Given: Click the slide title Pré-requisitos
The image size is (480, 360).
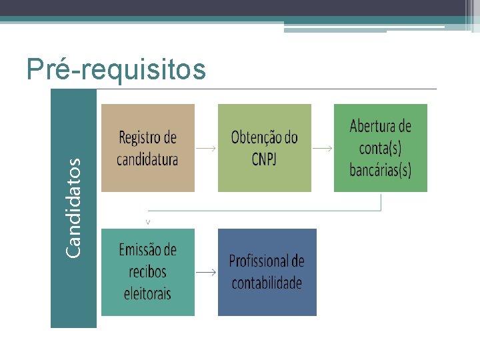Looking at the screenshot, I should click(116, 69).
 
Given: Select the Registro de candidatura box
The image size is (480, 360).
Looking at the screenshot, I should click(147, 147).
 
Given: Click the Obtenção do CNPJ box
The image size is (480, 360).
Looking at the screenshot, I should click(264, 147).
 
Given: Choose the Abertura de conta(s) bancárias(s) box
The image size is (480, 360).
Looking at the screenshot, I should click(380, 147).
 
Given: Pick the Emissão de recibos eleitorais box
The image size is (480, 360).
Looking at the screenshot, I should click(147, 271).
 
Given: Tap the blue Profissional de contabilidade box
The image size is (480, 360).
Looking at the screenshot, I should click(267, 271).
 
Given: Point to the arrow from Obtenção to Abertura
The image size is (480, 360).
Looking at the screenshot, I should click(323, 149).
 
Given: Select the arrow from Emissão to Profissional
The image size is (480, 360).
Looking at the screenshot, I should click(206, 272).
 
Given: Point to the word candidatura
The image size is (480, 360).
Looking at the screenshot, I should click(147, 159).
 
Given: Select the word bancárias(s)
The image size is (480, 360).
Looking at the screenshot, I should click(381, 169).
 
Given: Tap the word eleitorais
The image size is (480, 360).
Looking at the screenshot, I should click(147, 293).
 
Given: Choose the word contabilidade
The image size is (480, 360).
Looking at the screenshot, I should click(267, 283).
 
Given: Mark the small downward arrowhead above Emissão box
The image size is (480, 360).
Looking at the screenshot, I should click(147, 220).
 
